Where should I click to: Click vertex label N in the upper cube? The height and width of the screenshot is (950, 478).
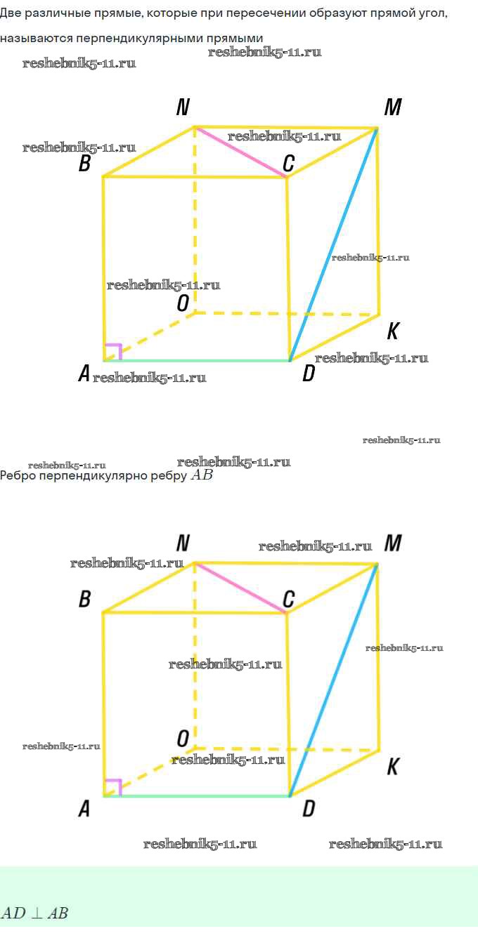click(x=183, y=107)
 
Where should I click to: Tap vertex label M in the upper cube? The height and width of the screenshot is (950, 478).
click(x=393, y=107)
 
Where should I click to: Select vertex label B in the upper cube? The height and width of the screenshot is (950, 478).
click(x=85, y=163)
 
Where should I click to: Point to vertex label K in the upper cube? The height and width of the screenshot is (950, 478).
click(x=393, y=331)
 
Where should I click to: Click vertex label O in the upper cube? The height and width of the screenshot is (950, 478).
click(x=183, y=303)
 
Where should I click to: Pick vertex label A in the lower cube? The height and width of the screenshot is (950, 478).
click(x=84, y=809)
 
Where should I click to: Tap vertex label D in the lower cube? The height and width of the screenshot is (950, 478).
click(x=309, y=809)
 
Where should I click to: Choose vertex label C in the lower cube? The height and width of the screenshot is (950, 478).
click(x=289, y=599)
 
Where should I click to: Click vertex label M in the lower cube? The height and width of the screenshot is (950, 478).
click(x=393, y=543)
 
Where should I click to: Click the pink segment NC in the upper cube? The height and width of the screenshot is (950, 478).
click(x=240, y=152)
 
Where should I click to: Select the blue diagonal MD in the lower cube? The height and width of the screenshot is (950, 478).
click(x=334, y=680)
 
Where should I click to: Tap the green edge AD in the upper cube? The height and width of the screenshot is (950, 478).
click(x=197, y=361)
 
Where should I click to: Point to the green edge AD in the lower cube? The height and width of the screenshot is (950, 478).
click(x=197, y=796)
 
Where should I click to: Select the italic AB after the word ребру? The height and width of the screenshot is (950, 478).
click(x=202, y=475)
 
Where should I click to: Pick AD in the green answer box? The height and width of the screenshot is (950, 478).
click(x=13, y=913)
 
